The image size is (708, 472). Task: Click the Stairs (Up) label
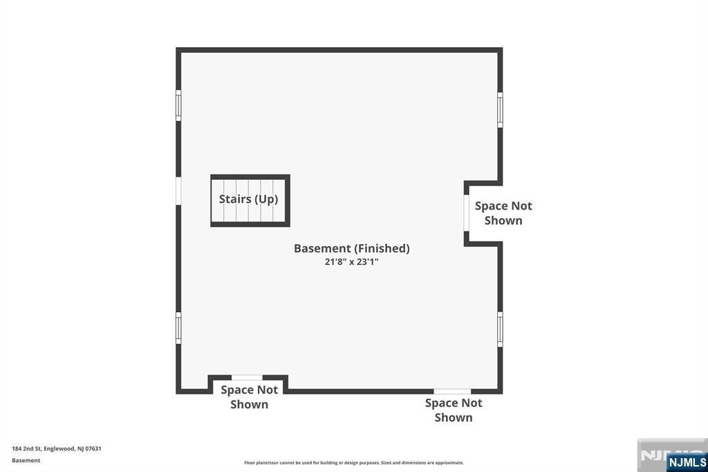[x=248, y=199]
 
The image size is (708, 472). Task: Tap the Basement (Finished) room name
[x=351, y=248]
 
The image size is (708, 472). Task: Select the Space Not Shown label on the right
[x=503, y=213]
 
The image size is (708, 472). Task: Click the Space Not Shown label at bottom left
[x=249, y=397]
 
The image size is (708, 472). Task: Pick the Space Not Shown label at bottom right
[x=454, y=410]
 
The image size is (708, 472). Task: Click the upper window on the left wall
[x=178, y=105]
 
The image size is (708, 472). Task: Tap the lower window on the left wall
[x=178, y=327]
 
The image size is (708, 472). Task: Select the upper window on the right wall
[x=500, y=109]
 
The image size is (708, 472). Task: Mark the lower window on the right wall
[x=500, y=329]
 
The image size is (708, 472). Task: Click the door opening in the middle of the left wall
[x=178, y=191]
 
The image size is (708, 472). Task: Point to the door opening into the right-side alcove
[x=467, y=213]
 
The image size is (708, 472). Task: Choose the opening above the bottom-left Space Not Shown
[x=247, y=377]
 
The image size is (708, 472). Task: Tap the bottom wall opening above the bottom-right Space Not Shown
[x=452, y=392]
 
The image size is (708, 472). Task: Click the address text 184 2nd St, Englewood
[x=57, y=448]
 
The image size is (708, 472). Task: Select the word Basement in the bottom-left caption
[x=26, y=460]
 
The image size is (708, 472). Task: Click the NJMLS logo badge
[x=687, y=462]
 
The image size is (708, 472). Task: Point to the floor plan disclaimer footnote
[x=353, y=463]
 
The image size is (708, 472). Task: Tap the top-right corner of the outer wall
[x=500, y=50]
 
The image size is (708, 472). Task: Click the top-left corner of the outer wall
[x=178, y=50]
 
